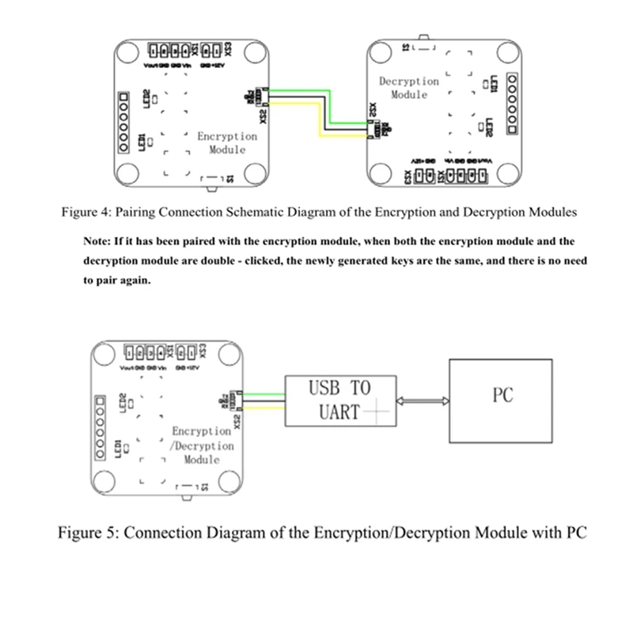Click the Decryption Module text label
pos(408,88)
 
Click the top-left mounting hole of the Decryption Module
pos(382,55)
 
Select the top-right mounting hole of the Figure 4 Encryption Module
pos(254,53)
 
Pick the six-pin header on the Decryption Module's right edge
pos(512,104)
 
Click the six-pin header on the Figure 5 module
pos(100,427)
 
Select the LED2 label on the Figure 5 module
pos(123,403)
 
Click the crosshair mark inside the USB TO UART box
pos(377,411)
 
